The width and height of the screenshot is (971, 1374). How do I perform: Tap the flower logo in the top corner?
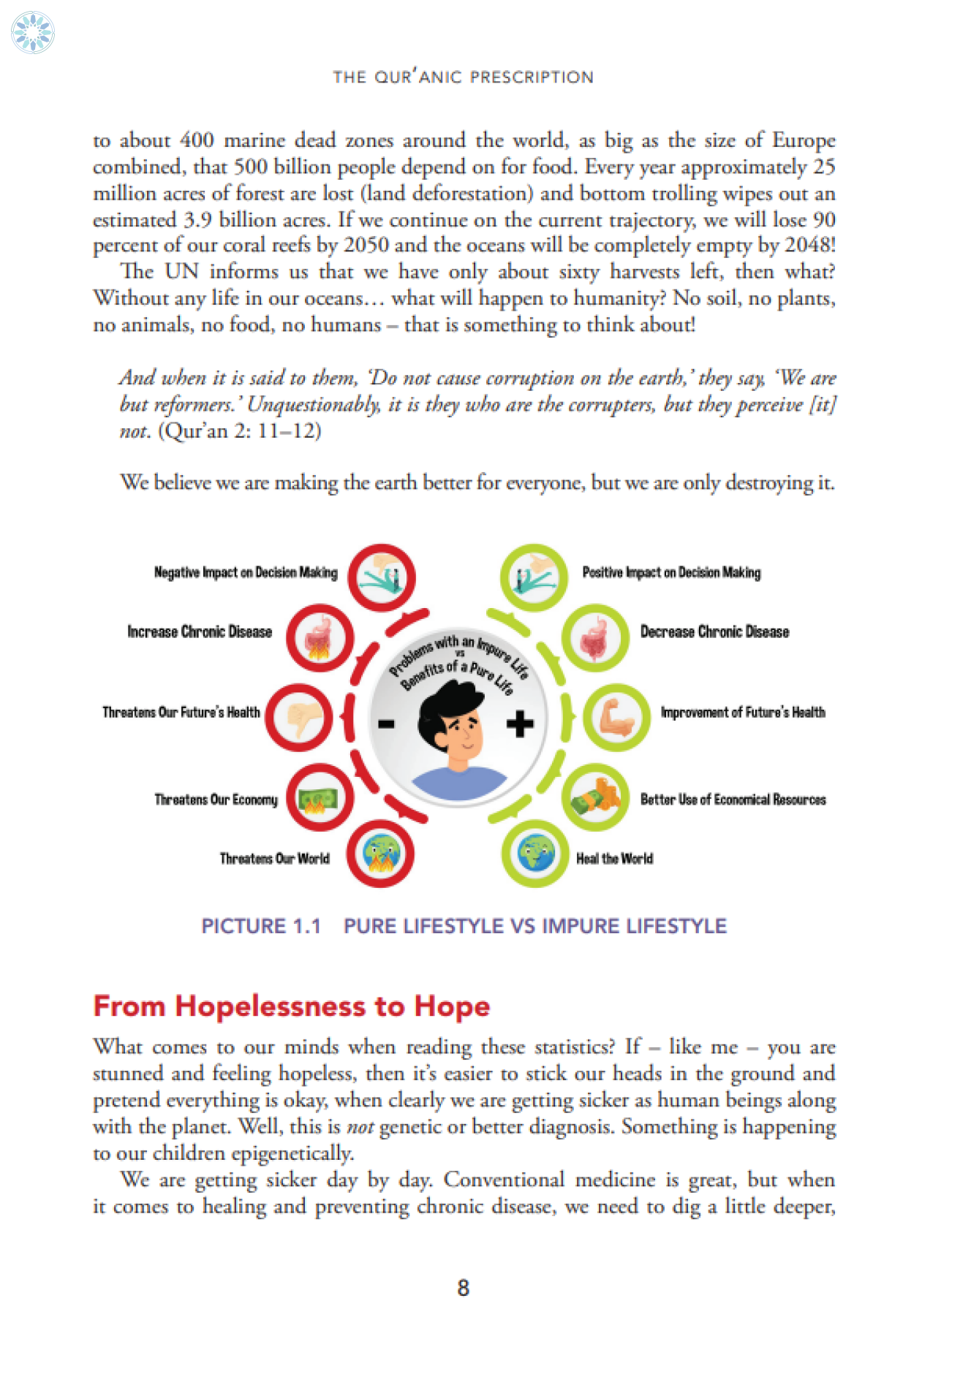[33, 33]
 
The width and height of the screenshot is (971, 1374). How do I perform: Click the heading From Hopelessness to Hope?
[291, 1006]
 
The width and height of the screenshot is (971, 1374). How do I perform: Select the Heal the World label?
[614, 859]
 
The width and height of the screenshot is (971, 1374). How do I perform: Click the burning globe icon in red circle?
[380, 854]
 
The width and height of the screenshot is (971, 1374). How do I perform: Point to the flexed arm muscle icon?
[616, 717]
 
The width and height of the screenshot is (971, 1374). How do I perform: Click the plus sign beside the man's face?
[520, 724]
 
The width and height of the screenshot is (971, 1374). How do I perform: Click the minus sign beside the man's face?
[386, 724]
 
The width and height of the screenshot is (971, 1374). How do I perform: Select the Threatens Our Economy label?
[216, 800]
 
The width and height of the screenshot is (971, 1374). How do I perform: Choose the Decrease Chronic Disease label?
[714, 631]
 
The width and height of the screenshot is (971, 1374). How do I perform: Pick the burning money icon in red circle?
[320, 798]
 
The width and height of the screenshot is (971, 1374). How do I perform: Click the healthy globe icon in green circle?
[535, 854]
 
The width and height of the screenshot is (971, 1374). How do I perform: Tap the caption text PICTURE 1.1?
[261, 926]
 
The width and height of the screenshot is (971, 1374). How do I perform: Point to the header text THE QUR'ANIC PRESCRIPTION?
[463, 77]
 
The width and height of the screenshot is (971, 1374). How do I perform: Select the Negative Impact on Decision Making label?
[246, 572]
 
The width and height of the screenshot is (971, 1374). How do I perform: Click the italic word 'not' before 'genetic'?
[360, 1127]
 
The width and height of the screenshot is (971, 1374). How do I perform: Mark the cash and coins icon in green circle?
[595, 798]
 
